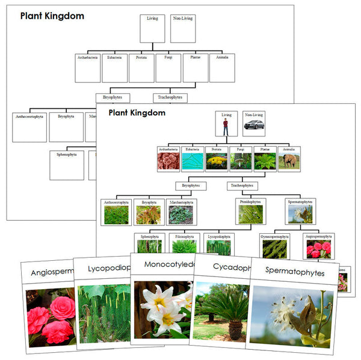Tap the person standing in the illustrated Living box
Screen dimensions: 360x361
click(x=226, y=127)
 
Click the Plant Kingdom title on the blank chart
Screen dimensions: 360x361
click(x=52, y=16)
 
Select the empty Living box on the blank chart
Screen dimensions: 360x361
click(x=152, y=29)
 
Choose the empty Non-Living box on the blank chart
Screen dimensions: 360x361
click(x=182, y=29)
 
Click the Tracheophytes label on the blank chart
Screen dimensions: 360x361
click(x=170, y=97)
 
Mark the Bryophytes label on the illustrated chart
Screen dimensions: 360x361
click(x=191, y=186)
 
